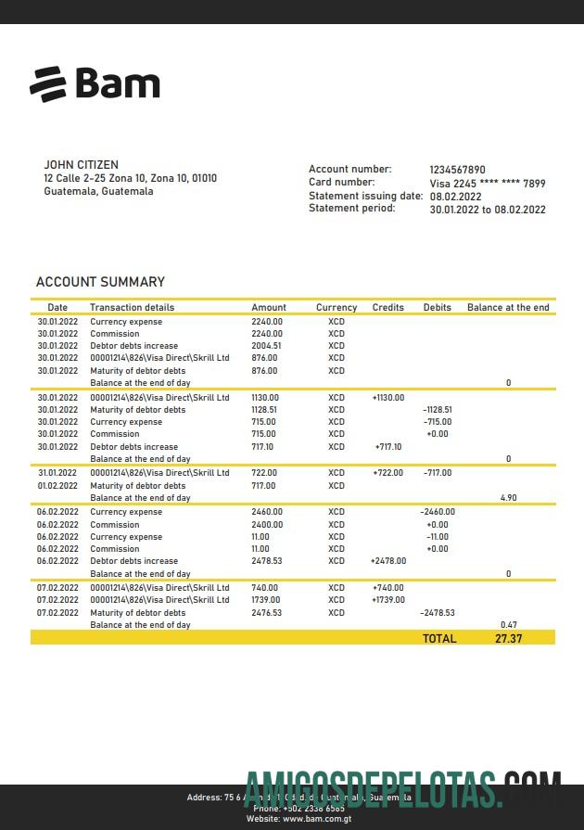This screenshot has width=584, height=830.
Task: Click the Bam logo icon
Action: click(x=48, y=83)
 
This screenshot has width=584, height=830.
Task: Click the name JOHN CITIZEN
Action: click(x=81, y=165)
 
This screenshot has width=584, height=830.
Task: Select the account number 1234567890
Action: click(x=457, y=170)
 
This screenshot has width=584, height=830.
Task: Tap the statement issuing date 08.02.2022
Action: click(x=455, y=197)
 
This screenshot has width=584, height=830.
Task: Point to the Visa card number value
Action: click(x=488, y=184)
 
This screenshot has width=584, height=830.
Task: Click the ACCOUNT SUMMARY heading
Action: click(x=100, y=282)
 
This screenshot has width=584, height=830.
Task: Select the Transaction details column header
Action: click(x=132, y=308)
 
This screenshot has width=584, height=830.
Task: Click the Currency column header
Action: click(x=336, y=308)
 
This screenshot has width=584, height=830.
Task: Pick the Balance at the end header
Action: click(x=508, y=308)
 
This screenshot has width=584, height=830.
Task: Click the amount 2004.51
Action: click(x=266, y=346)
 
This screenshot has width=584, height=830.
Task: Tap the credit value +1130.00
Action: click(x=388, y=398)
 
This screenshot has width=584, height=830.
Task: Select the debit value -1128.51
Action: click(x=437, y=410)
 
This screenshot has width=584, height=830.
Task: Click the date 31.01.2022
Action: click(x=57, y=473)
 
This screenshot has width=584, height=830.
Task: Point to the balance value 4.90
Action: click(x=508, y=498)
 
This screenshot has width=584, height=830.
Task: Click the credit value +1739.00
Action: click(x=388, y=600)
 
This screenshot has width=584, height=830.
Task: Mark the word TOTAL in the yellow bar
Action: click(x=439, y=638)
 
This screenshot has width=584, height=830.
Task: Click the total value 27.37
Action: click(x=509, y=638)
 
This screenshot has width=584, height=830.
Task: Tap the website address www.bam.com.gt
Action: click(x=317, y=819)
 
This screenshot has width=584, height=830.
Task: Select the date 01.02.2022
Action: click(x=57, y=486)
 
